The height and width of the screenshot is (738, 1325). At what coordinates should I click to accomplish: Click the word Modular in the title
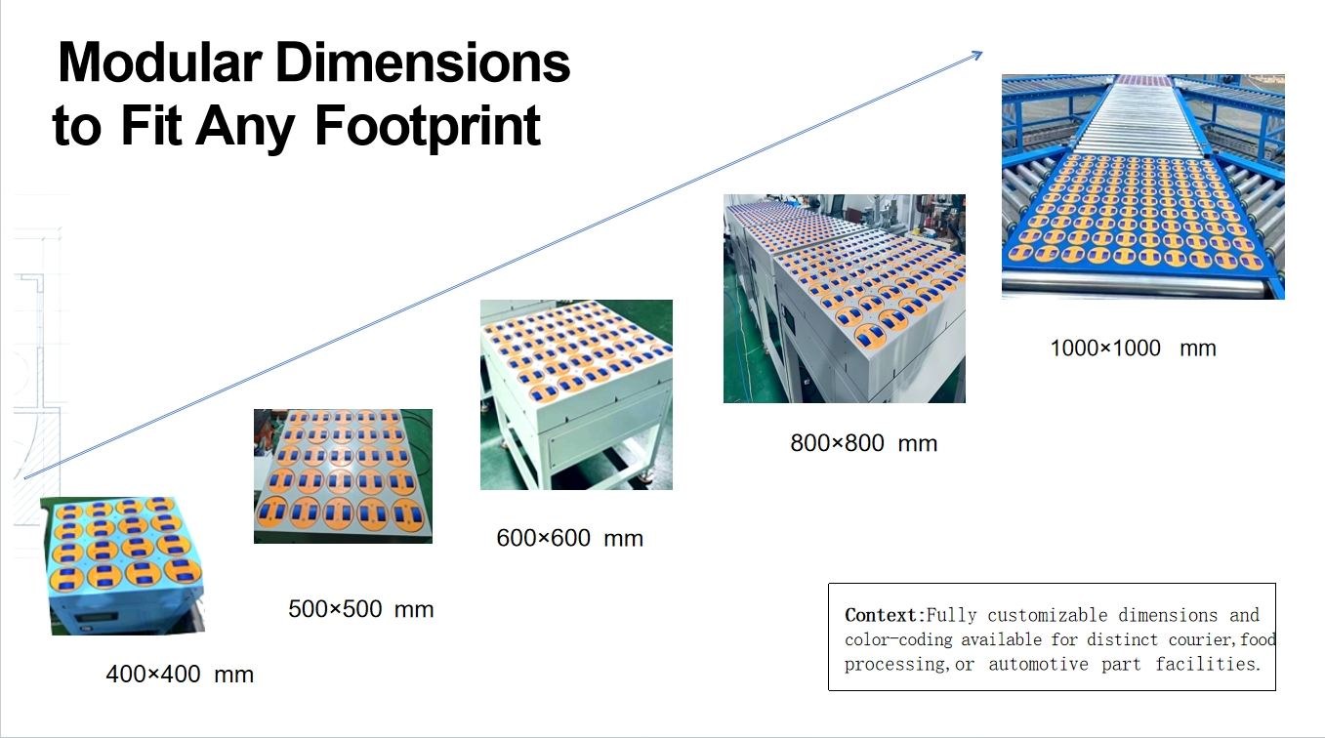coord(160,62)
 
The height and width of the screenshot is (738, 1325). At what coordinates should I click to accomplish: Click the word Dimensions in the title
coord(423,62)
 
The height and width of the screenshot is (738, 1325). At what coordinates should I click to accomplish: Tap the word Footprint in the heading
coord(428,125)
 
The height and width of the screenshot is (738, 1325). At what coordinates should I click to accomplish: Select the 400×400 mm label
coord(180,675)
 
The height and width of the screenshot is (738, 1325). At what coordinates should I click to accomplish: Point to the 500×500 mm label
coord(361,609)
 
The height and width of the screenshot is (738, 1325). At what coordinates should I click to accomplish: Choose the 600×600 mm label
coord(569,538)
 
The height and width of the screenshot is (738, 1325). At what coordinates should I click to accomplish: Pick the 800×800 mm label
coord(863,443)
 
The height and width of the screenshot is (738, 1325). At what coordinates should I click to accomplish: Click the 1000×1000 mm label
coord(1134,348)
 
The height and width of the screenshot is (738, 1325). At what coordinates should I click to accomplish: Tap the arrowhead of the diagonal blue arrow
coord(976,55)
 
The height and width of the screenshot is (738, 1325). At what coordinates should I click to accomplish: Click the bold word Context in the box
coord(881,616)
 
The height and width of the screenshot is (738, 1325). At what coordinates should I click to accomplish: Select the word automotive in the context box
coord(1038,665)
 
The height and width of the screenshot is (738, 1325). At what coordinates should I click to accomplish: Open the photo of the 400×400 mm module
coord(122,566)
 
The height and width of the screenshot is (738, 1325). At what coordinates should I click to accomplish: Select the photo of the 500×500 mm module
coord(343,476)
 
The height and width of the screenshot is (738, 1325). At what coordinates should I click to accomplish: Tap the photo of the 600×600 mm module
coord(576,394)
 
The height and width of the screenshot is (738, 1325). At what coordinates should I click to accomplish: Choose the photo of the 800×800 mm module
coord(844,299)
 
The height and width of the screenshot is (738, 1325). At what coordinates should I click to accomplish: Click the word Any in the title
coord(245,126)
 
